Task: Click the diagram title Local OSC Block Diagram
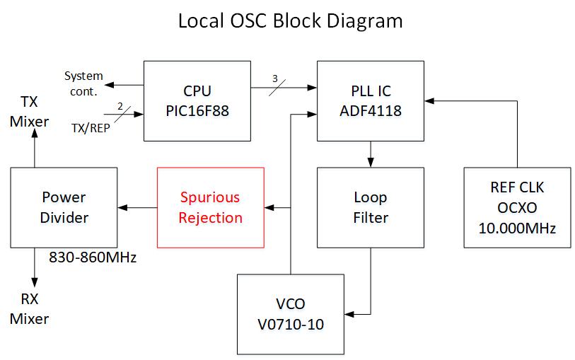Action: (x=290, y=21)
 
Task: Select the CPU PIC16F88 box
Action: (x=197, y=100)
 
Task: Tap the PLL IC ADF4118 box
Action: (x=371, y=100)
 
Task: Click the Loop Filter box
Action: (x=371, y=207)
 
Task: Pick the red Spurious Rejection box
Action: (x=210, y=207)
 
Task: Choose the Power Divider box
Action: (x=64, y=207)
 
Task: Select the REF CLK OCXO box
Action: (x=518, y=207)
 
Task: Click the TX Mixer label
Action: (x=29, y=111)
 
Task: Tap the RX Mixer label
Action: (x=29, y=308)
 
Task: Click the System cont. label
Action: (x=83, y=83)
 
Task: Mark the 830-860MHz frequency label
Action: (x=93, y=257)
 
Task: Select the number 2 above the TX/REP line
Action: (x=120, y=106)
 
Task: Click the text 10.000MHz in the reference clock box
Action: (x=518, y=228)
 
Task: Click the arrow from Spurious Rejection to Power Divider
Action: (x=137, y=207)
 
